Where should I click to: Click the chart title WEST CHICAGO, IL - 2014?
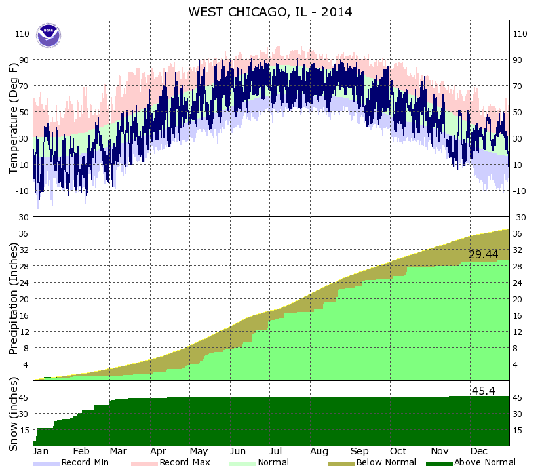270,12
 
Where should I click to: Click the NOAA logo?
47,34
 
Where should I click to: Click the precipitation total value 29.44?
484,254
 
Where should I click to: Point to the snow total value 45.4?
483,391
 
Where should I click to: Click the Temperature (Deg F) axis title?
13,118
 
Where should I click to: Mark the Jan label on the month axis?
41,451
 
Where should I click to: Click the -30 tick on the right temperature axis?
520,217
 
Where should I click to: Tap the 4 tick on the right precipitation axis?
516,364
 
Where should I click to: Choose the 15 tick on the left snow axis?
25,430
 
